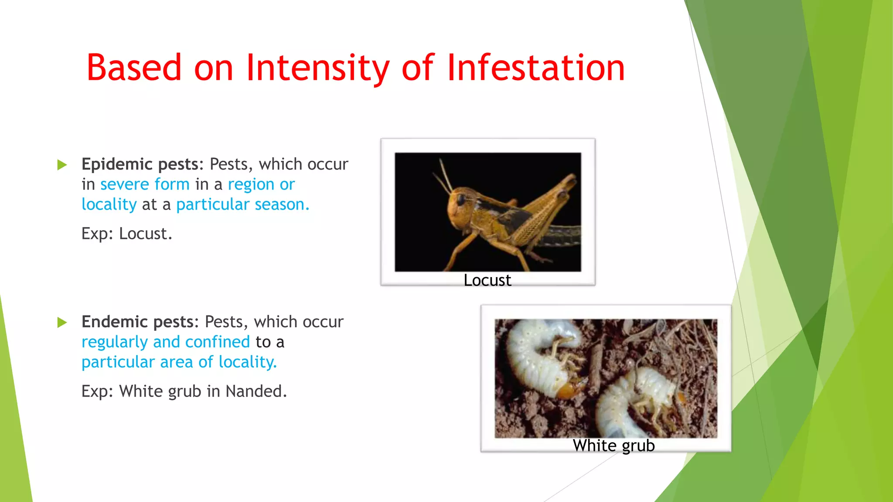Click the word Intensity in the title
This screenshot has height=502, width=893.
317,68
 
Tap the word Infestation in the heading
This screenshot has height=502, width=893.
536,68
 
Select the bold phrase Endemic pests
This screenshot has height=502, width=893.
138,322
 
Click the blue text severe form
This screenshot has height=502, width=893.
145,184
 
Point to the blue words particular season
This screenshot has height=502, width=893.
242,204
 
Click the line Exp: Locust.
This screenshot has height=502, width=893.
127,234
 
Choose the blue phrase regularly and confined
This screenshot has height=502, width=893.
166,342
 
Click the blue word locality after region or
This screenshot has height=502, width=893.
109,204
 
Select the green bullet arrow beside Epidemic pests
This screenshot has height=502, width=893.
62,165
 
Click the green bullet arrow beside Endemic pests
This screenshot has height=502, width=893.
62,322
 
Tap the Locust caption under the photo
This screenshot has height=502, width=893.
487,280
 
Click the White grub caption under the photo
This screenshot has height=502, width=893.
614,446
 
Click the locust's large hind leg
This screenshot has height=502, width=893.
545,209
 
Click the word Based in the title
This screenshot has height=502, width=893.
134,68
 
